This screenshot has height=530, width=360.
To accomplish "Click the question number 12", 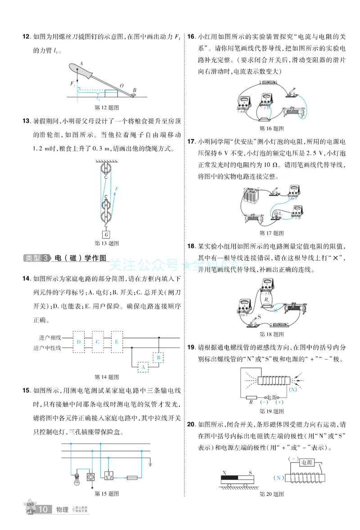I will pos(26,36).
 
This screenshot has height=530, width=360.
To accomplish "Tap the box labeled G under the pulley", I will pos(106,235).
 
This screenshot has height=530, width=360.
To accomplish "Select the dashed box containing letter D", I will pos(79,342).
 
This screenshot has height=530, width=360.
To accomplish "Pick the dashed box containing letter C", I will pos(97,342).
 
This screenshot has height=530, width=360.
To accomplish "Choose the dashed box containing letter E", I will pos(116,342).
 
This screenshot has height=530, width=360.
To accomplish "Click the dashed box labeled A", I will pos(143,367).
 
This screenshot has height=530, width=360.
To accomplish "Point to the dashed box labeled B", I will pos(158,358).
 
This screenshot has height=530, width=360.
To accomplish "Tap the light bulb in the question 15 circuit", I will pos(76,477).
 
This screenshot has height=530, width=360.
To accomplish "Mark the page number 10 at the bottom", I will pos(43,509).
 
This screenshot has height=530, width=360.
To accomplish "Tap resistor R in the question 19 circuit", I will pos(251,398).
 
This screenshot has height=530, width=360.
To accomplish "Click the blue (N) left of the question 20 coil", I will pos(279,478).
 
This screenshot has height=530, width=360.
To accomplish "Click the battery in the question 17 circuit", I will pos(250,198).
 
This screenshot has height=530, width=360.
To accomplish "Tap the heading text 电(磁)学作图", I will pos(80,258).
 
